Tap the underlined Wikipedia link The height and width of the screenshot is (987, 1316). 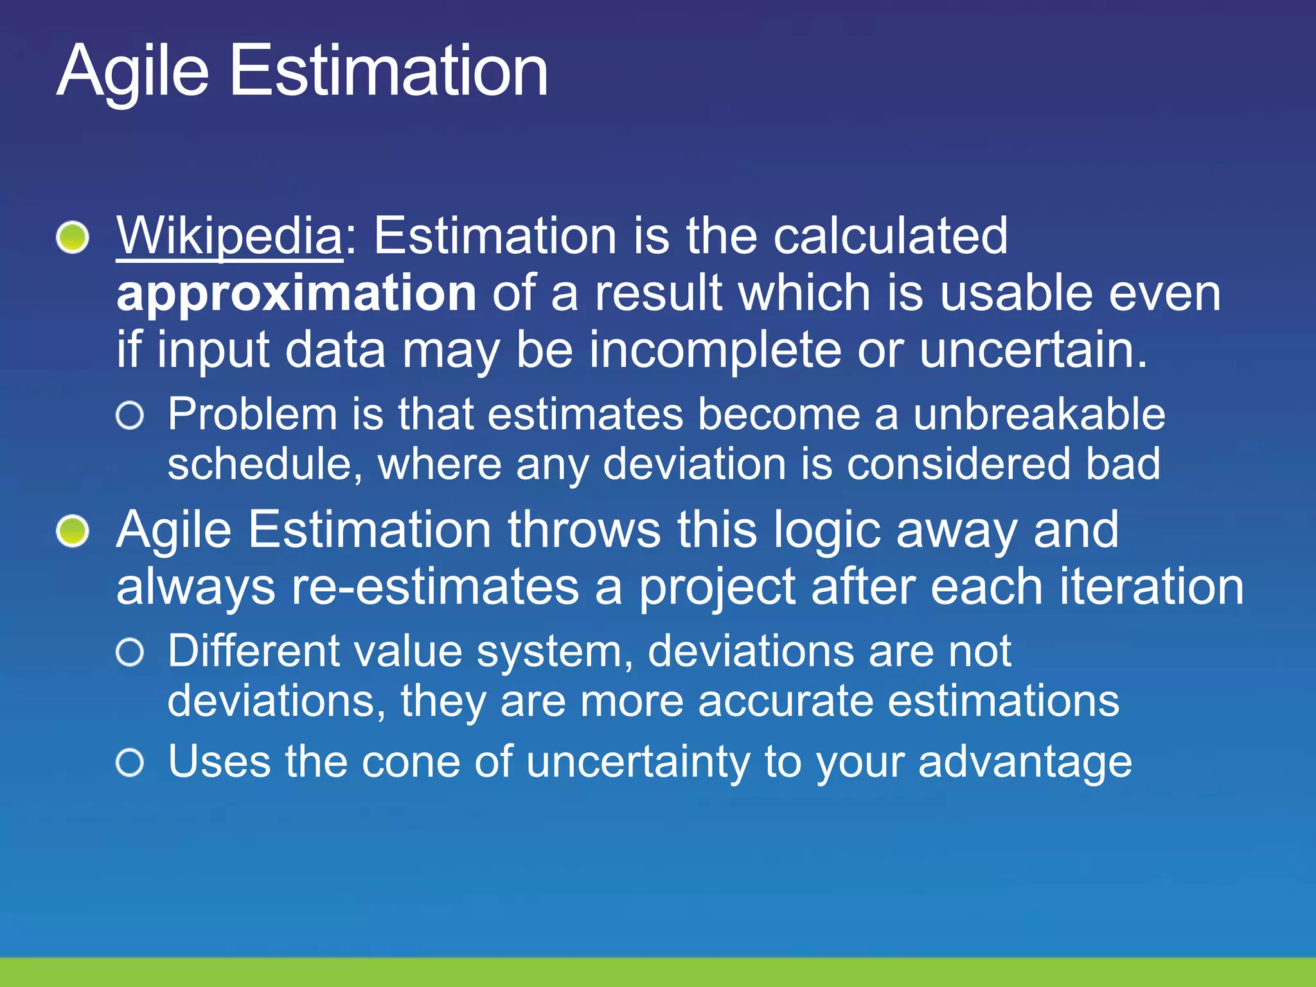[x=229, y=236]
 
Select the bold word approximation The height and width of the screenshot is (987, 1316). [x=296, y=293]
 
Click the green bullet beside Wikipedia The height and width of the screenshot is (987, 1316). [x=72, y=237]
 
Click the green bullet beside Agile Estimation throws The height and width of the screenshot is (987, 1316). [x=72, y=531]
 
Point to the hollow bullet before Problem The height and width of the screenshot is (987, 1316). [x=130, y=416]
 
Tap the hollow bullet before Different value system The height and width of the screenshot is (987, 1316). [x=130, y=653]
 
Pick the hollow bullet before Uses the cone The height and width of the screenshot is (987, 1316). [x=130, y=763]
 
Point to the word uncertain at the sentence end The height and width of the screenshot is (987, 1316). [x=1031, y=350]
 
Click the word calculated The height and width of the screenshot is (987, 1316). [x=890, y=236]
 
